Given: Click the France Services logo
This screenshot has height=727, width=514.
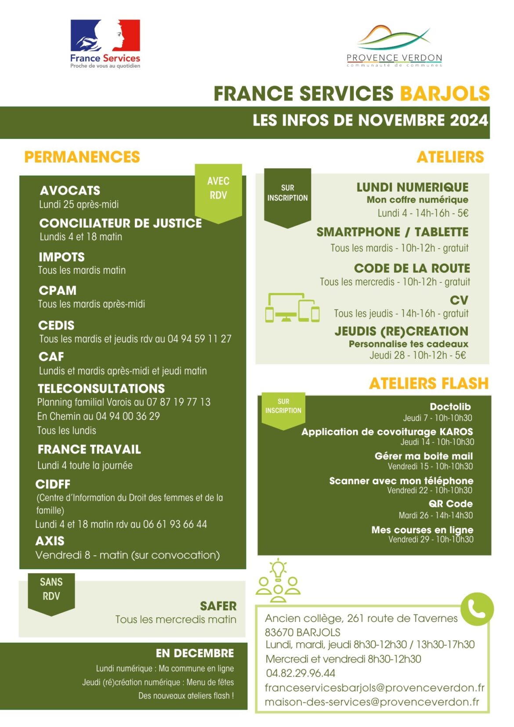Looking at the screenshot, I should point(105,43).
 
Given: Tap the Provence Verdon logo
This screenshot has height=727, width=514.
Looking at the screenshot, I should point(394,47).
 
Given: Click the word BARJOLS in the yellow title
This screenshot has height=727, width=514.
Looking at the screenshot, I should point(445,94).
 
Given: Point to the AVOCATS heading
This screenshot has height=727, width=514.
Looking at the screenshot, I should point(70,190).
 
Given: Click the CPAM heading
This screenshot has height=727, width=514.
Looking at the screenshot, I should point(58,290).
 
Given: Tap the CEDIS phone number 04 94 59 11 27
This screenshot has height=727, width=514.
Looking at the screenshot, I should point(199,339).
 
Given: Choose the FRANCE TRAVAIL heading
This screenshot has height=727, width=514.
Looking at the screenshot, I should point(89,449).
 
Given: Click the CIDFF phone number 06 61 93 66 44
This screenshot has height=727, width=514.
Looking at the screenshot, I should point(175,524).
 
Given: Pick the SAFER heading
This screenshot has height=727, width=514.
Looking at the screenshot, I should point(218,606).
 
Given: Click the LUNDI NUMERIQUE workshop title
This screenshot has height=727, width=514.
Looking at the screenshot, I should point(412,187).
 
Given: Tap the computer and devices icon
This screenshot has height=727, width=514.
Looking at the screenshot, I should point(292,307).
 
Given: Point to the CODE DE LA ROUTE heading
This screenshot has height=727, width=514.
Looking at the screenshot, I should point(412,268).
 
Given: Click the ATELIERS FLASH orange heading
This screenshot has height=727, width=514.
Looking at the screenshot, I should point(428,383).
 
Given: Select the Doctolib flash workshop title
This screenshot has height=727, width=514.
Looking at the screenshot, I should point(450,407).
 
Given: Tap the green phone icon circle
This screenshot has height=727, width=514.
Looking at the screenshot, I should point(477,609).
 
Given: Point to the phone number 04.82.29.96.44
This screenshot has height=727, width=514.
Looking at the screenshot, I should point(300,673).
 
